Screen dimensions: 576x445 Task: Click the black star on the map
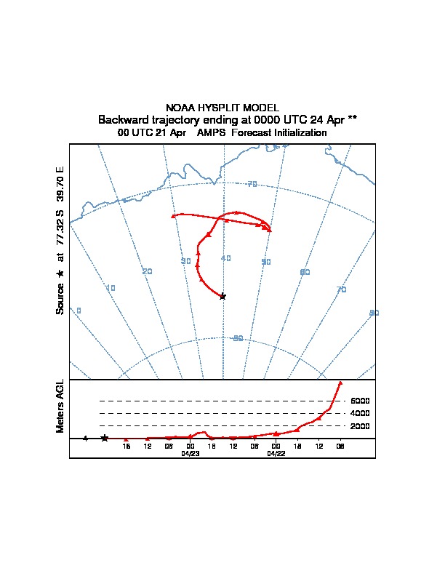[x=222, y=296]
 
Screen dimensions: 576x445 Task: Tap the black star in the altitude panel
[x=105, y=438]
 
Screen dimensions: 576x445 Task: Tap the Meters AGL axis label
[x=60, y=406]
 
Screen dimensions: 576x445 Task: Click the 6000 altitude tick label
[x=361, y=401]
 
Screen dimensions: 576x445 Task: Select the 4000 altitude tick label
[x=361, y=413]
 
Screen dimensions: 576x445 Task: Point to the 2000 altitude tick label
[x=361, y=425]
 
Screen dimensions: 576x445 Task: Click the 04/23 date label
[x=190, y=452]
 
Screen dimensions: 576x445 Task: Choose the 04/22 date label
[x=276, y=452]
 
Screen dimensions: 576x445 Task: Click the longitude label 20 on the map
[x=148, y=271]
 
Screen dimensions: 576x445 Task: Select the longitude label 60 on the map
[x=305, y=271]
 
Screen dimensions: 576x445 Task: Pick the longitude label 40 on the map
[x=225, y=258]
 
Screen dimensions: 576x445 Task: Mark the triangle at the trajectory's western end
[x=173, y=216]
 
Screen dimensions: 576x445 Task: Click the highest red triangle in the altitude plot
[x=340, y=383]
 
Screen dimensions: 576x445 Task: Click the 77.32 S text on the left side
[x=60, y=233]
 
